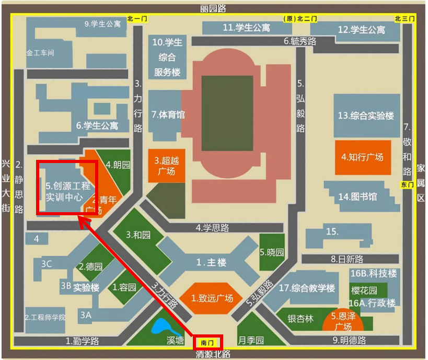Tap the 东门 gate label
407,184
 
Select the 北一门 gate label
137,19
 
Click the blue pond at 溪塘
164,328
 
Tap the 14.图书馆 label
357,196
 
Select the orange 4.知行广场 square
362,157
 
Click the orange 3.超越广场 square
167,166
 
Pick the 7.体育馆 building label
168,114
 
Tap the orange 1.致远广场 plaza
212,298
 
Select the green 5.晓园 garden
272,252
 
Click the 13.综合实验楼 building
366,115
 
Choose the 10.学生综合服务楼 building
167,57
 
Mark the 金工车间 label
40,53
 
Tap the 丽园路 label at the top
213,8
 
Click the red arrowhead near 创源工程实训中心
82,222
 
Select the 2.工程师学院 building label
45,317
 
